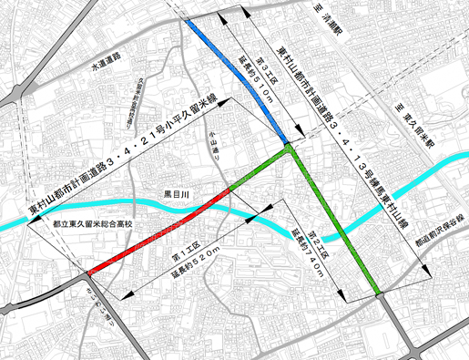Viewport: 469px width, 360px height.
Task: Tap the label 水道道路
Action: (107, 68)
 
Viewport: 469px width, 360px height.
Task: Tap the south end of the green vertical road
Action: (377, 293)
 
